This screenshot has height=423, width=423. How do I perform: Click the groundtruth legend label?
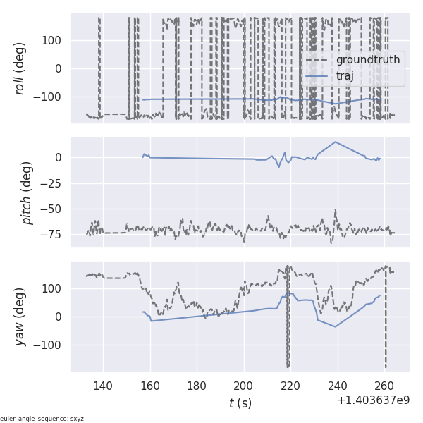[x=368, y=60]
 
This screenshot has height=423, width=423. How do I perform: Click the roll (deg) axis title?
[x=21, y=68]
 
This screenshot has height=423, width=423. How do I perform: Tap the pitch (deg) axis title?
[x=27, y=192]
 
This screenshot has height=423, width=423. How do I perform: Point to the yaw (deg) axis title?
[x=21, y=317]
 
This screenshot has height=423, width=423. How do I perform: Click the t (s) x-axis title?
[x=240, y=403]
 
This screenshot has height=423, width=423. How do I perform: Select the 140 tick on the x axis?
[x=103, y=386]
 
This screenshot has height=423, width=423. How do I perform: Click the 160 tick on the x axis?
[x=150, y=386]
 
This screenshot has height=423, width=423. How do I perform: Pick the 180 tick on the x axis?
[x=197, y=386]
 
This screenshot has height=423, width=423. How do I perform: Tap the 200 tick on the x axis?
[x=244, y=386]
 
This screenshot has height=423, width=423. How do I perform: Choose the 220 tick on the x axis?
[x=291, y=386]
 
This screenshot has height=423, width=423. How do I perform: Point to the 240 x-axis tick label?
[x=338, y=386]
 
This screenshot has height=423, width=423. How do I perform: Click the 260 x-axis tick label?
[x=385, y=386]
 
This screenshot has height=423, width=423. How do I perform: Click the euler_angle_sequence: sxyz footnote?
[x=42, y=419]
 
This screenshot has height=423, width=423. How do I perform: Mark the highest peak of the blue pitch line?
[x=336, y=142]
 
